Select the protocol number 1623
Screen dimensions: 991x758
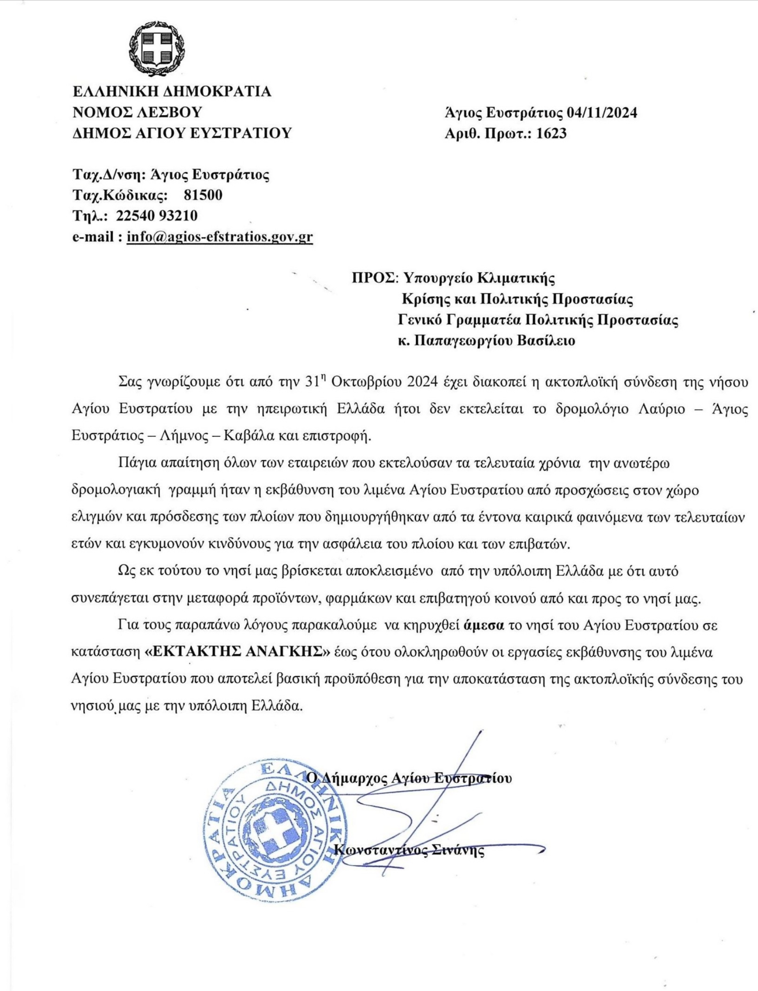(x=551, y=134)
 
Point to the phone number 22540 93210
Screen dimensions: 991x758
(x=156, y=216)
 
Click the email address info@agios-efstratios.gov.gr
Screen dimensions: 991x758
(x=220, y=237)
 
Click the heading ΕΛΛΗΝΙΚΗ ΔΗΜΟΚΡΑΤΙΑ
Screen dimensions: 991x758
(x=172, y=92)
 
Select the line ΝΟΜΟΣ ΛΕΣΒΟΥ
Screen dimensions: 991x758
(x=137, y=113)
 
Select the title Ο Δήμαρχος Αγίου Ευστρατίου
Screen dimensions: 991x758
(x=409, y=778)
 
